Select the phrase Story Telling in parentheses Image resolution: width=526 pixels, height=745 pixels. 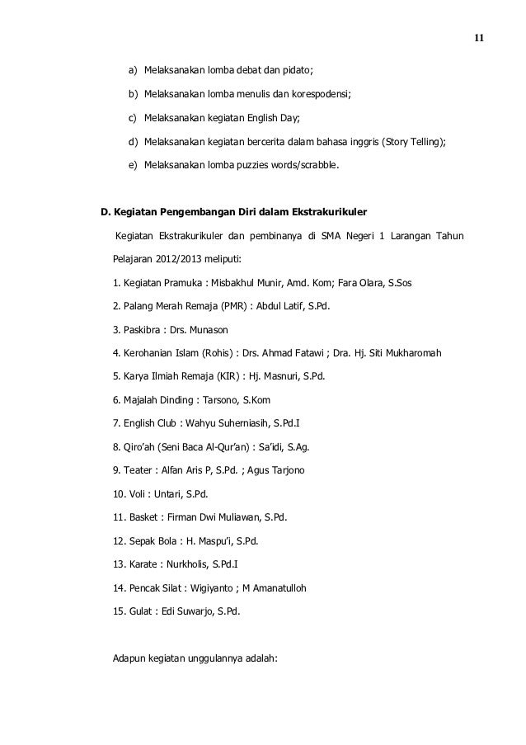tap(415, 142)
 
